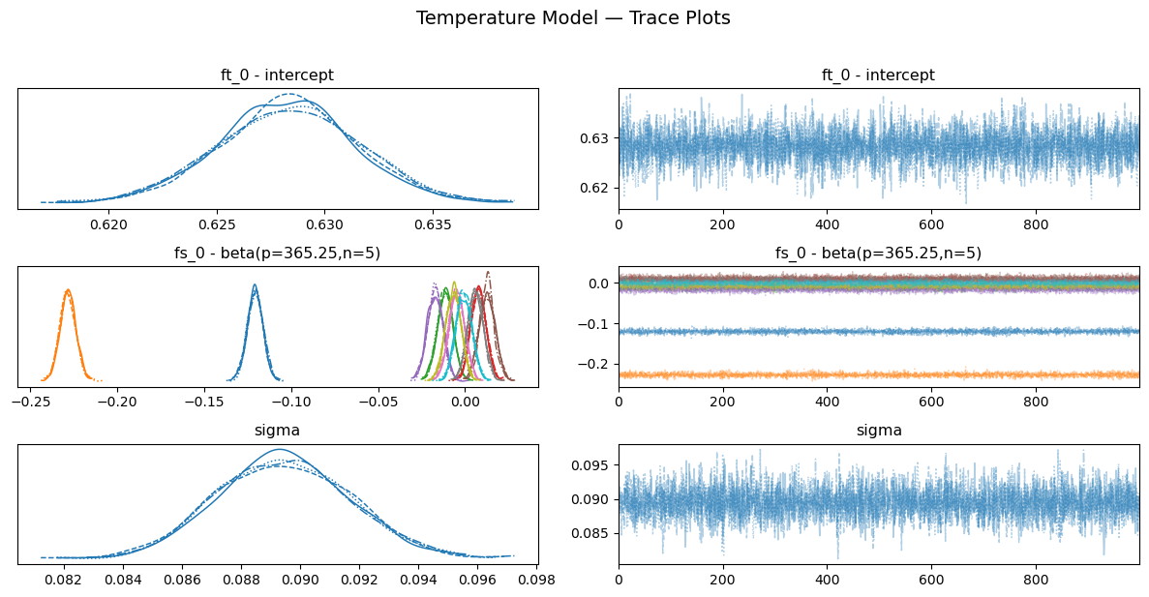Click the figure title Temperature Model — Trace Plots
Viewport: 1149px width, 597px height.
coord(573,17)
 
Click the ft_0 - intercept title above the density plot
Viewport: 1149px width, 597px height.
coord(278,75)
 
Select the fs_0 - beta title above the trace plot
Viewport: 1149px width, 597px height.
coord(878,254)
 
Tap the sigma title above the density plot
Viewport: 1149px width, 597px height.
coord(278,432)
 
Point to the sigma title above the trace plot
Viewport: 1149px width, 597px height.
coord(878,432)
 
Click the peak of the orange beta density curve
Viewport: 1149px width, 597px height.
coord(67,289)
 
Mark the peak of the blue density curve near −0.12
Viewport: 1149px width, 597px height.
coord(255,284)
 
